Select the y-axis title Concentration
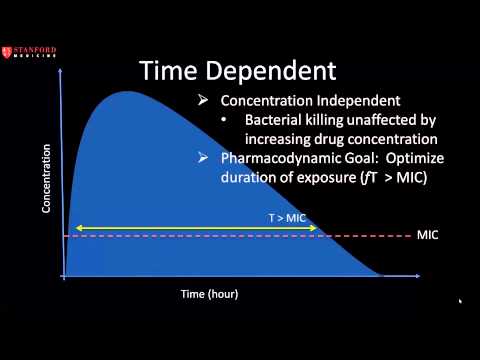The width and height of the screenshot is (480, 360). [46, 179]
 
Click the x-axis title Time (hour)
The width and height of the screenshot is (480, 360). [209, 294]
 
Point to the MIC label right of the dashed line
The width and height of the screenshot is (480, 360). [427, 235]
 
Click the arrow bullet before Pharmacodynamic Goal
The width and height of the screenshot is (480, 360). [203, 158]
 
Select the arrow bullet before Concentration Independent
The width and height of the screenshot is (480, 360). [203, 101]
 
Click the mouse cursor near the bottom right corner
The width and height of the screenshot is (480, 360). [460, 301]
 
